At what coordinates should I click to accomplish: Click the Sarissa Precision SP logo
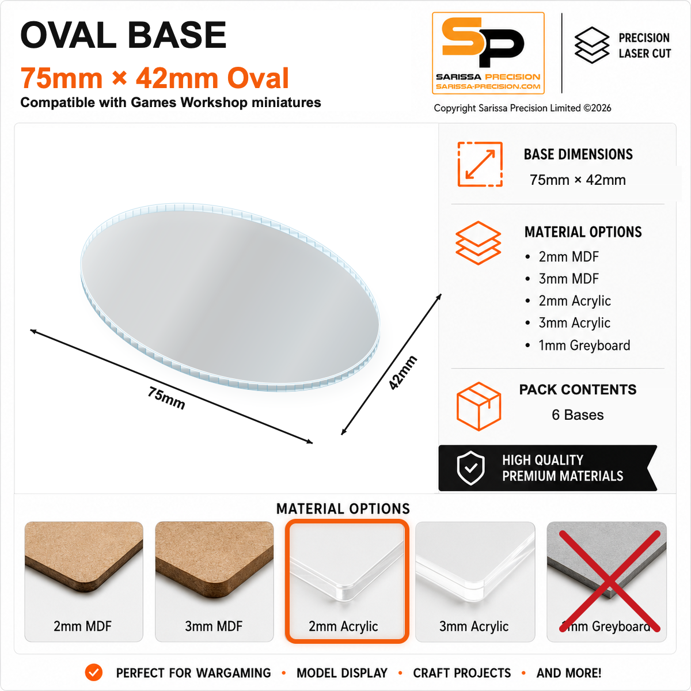pyautogui.click(x=488, y=53)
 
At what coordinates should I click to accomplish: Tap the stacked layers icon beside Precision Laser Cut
pyautogui.click(x=592, y=45)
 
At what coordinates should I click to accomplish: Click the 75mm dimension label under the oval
pyautogui.click(x=166, y=398)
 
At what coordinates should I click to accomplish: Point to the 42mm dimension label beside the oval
pyautogui.click(x=403, y=373)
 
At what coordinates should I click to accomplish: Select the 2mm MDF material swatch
pyautogui.click(x=83, y=581)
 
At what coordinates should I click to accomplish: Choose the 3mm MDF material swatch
pyautogui.click(x=214, y=581)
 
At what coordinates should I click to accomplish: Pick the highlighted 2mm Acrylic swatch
pyautogui.click(x=347, y=581)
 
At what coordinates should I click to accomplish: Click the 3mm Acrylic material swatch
pyautogui.click(x=475, y=581)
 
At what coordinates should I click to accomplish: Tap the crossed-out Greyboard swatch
pyautogui.click(x=607, y=581)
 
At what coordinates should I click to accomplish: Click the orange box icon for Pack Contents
pyautogui.click(x=479, y=406)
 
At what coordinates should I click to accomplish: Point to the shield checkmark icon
pyautogui.click(x=471, y=468)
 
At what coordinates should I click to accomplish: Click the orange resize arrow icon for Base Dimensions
pyautogui.click(x=480, y=164)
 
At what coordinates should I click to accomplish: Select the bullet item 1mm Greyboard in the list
pyautogui.click(x=578, y=345)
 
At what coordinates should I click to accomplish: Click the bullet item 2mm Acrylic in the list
pyautogui.click(x=568, y=301)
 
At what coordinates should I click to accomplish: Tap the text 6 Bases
pyautogui.click(x=578, y=415)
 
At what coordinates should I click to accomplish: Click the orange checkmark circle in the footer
pyautogui.click(x=94, y=673)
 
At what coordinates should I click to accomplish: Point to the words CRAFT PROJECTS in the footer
pyautogui.click(x=462, y=673)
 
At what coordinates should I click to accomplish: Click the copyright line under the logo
pyautogui.click(x=522, y=108)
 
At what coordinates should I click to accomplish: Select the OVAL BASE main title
pyautogui.click(x=123, y=35)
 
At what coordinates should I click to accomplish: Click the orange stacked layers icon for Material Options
pyautogui.click(x=478, y=243)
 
